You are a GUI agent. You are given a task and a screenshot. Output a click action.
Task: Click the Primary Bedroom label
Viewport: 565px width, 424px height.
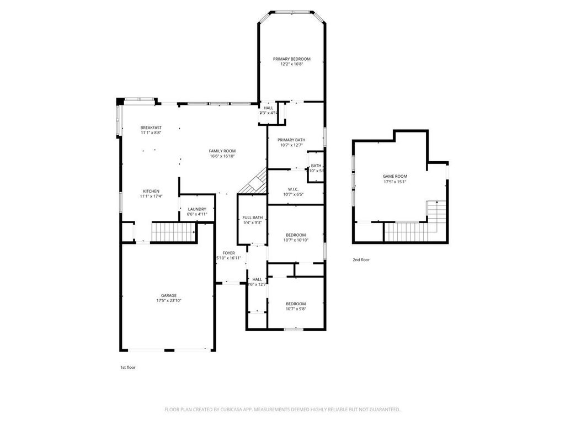[x=291, y=59]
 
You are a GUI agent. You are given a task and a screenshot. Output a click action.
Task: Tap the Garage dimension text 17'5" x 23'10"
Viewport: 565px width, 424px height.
[x=169, y=300]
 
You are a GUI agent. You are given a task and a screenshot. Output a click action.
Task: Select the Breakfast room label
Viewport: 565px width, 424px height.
[x=151, y=128]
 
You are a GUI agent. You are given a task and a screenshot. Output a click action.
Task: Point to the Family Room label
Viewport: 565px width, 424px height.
[x=222, y=151]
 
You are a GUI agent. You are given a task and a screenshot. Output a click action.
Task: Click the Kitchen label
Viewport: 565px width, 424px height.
[x=151, y=191]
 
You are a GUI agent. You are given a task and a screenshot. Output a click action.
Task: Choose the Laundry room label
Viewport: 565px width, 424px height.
[x=197, y=209]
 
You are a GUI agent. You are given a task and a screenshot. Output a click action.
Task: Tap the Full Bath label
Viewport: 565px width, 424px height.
[x=252, y=218]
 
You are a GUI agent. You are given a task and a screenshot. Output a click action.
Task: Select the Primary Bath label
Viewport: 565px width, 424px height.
[x=291, y=140]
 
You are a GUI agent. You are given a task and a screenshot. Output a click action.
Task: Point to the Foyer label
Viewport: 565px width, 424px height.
[x=228, y=253]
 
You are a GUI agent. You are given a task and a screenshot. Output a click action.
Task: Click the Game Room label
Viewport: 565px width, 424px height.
[x=395, y=176]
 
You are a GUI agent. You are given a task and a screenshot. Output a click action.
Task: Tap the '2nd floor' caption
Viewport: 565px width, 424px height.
[x=361, y=259]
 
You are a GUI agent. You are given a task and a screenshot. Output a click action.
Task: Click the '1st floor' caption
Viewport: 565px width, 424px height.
[x=127, y=367]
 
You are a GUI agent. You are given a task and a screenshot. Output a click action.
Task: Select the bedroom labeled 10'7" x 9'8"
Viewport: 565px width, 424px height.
[x=295, y=304]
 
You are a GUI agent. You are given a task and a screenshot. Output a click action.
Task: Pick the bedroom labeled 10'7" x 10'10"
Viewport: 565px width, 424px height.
[x=295, y=235]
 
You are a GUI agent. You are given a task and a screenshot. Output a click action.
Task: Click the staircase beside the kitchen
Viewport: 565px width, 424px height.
[x=173, y=232]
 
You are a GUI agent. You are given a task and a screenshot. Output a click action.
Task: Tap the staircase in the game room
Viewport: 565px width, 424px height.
[x=411, y=231]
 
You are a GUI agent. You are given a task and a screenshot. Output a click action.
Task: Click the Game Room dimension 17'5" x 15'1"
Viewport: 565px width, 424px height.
[x=395, y=181]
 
